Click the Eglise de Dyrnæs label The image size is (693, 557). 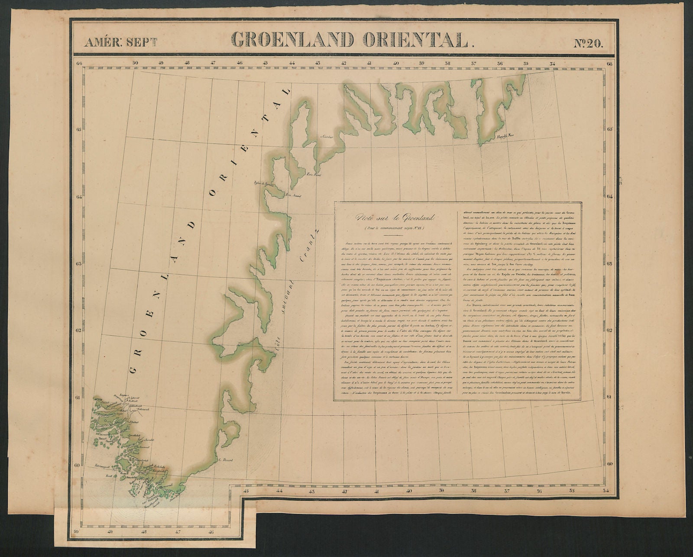coord(264,184)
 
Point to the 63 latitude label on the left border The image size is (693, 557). coord(79,264)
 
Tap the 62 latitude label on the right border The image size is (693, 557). coord(609,330)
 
